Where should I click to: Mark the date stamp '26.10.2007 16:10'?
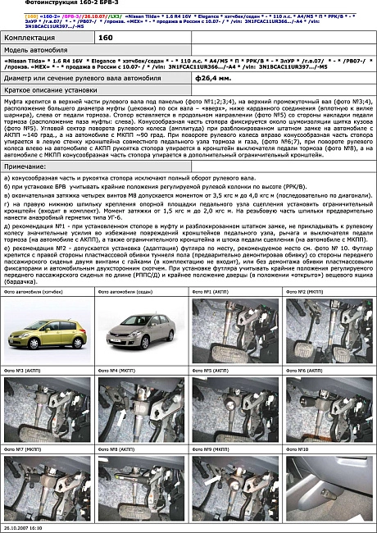click(22, 528)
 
